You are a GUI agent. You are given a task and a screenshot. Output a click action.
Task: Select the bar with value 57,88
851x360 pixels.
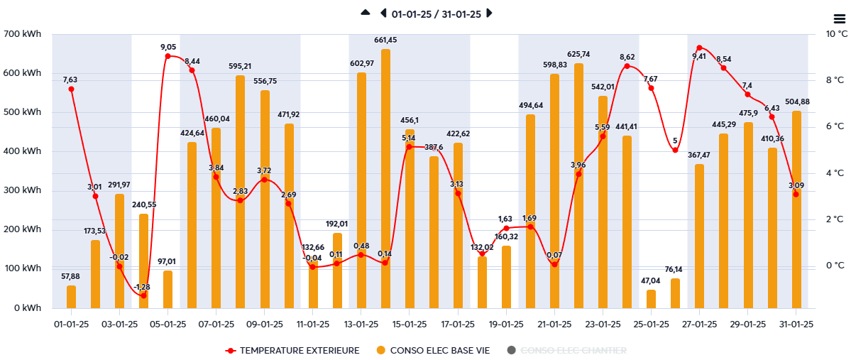[71, 297]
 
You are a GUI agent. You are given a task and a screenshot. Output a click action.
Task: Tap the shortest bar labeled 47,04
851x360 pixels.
[651, 299]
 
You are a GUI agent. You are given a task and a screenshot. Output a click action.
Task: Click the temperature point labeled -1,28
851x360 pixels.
[143, 295]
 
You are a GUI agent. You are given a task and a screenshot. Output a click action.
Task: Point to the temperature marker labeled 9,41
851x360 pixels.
[699, 48]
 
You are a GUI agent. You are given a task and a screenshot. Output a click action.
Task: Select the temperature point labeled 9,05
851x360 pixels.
[168, 56]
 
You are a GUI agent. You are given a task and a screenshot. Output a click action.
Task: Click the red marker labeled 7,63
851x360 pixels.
[71, 89]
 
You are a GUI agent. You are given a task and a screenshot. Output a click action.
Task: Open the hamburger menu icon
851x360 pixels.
[839, 18]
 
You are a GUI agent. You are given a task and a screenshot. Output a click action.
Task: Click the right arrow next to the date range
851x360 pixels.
[489, 13]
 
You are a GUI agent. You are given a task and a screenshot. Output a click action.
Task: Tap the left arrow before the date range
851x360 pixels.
[383, 13]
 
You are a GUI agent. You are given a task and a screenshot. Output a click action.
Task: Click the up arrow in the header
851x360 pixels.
[366, 13]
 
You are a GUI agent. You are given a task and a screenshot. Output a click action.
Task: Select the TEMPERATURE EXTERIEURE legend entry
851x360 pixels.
[292, 350]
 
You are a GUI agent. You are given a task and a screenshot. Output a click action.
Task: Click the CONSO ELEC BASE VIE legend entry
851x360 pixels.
[434, 350]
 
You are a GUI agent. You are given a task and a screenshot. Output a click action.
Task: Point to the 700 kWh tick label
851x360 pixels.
[23, 34]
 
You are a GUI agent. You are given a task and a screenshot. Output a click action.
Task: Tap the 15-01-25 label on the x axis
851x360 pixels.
[409, 324]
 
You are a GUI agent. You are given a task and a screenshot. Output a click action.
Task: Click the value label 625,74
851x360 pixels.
[578, 54]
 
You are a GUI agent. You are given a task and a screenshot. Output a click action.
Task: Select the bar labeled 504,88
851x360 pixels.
[796, 209]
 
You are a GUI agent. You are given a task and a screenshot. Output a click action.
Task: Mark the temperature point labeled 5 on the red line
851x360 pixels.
[675, 150]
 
